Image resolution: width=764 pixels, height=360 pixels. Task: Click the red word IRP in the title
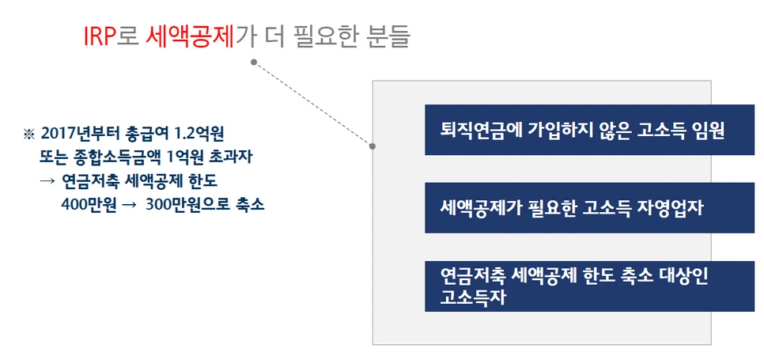[100, 36]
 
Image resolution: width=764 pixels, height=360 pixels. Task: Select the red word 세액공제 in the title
[191, 36]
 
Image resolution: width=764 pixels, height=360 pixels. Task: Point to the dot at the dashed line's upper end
[253, 61]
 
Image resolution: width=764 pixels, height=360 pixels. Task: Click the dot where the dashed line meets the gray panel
[373, 146]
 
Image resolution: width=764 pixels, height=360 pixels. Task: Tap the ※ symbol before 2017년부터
[30, 132]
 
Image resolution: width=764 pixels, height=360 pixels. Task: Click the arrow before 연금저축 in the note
[47, 179]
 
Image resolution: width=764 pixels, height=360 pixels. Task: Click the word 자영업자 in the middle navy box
[676, 208]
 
